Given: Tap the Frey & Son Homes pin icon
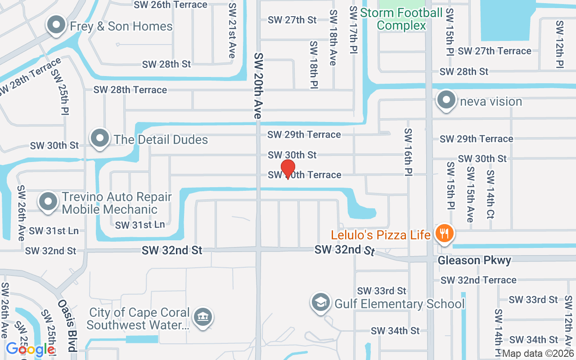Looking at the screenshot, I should (56, 26).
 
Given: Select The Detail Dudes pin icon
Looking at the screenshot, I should (100, 139).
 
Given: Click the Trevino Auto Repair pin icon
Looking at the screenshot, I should (49, 202).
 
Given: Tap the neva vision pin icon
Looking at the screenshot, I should (446, 101).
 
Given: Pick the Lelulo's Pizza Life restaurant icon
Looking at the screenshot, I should (445, 234).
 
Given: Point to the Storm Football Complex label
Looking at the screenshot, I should (401, 19).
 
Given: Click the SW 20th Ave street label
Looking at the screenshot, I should (258, 85).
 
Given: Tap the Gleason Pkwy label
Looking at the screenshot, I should (474, 261).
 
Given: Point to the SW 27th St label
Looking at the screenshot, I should (292, 20).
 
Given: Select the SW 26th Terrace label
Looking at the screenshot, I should (171, 5).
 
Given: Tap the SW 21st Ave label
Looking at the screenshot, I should (232, 31).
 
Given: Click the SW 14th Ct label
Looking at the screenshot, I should (490, 193).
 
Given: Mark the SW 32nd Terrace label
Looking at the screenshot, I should (478, 280).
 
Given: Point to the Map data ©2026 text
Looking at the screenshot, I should (538, 354).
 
